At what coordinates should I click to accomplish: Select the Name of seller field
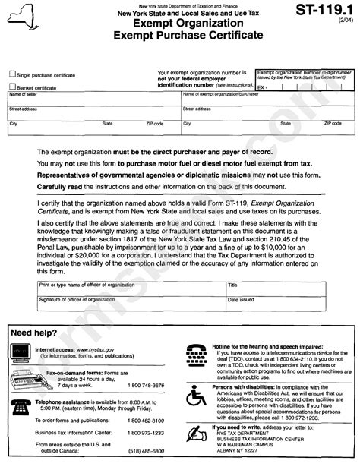click(91, 99)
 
